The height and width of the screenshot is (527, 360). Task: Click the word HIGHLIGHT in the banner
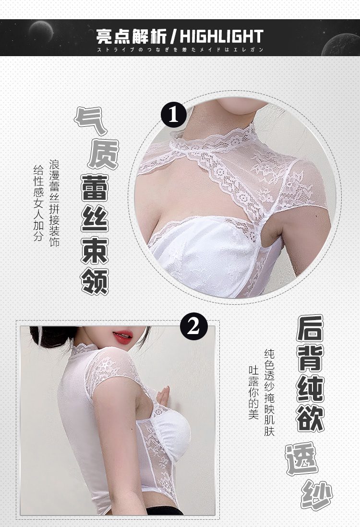click(221, 36)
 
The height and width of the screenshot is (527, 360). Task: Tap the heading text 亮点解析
click(132, 36)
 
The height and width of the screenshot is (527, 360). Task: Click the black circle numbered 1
click(173, 115)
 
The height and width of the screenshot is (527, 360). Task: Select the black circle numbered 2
click(193, 327)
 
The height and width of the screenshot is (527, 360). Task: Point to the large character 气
click(90, 121)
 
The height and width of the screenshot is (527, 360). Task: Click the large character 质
click(103, 154)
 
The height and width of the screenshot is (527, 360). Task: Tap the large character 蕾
click(95, 188)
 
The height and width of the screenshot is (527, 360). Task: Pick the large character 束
click(95, 251)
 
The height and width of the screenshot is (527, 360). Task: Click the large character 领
click(95, 282)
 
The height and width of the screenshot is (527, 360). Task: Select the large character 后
click(310, 328)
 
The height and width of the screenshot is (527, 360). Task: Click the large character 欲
click(310, 419)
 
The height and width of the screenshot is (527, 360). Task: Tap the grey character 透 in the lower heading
click(301, 458)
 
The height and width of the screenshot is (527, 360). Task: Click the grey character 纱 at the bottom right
click(317, 495)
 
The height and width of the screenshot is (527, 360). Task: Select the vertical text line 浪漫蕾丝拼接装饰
click(54, 204)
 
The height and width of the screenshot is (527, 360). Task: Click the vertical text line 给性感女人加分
click(38, 203)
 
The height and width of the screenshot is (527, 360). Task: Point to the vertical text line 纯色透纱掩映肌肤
click(269, 393)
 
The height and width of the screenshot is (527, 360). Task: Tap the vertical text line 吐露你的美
click(253, 393)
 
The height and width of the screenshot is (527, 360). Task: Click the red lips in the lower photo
click(123, 337)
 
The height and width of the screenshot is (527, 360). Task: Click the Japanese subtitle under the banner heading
click(180, 50)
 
